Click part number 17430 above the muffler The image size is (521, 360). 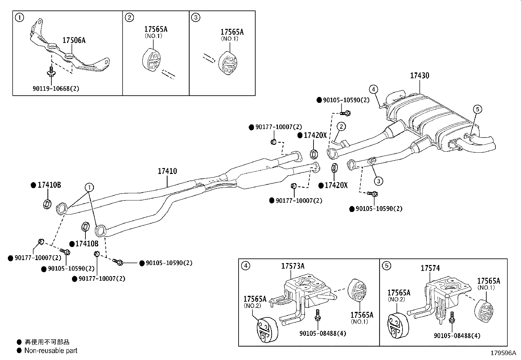pos(420,76)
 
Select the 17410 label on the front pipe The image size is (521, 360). pos(167,171)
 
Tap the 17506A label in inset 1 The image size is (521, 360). pos(74,40)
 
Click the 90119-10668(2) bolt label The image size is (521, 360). pos(56,88)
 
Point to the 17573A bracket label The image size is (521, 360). pos(293,266)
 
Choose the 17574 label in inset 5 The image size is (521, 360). pos(430,268)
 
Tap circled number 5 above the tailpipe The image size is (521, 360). pos(477,109)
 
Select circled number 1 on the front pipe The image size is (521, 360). pos(89,187)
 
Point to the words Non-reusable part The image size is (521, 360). pos(51,351)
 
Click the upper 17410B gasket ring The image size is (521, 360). pos(47,204)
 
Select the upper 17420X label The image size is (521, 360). pos(315,135)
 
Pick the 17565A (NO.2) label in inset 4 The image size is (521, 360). pos(255,301)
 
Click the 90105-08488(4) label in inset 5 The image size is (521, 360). pos(457,336)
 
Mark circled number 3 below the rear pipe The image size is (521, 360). pos(378,180)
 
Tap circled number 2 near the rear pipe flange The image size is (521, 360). pos(341,126)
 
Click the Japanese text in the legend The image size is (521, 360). pos(47,342)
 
